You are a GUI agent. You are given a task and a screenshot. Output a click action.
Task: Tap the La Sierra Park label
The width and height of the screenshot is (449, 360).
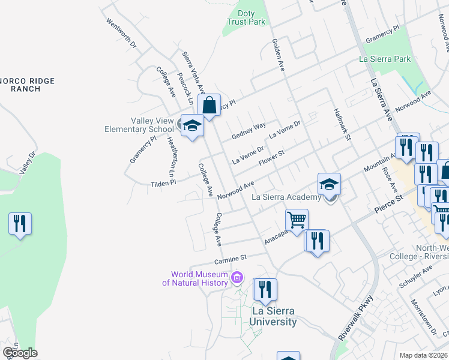385,59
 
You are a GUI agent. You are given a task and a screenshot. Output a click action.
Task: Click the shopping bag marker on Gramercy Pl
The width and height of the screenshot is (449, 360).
209,106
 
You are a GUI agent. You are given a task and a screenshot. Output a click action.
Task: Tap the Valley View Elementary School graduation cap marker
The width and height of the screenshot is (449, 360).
193,126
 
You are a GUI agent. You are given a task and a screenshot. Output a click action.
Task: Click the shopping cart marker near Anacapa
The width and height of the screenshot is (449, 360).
297,220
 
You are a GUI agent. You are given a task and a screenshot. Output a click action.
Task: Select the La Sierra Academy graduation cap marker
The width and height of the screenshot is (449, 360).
329,184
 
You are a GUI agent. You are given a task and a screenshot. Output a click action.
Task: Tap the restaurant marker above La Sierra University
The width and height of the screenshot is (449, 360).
264,290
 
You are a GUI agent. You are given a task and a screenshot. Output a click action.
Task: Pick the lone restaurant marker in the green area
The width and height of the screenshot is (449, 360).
20,224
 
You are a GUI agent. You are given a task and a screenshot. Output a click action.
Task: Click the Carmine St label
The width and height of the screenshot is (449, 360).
231,259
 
